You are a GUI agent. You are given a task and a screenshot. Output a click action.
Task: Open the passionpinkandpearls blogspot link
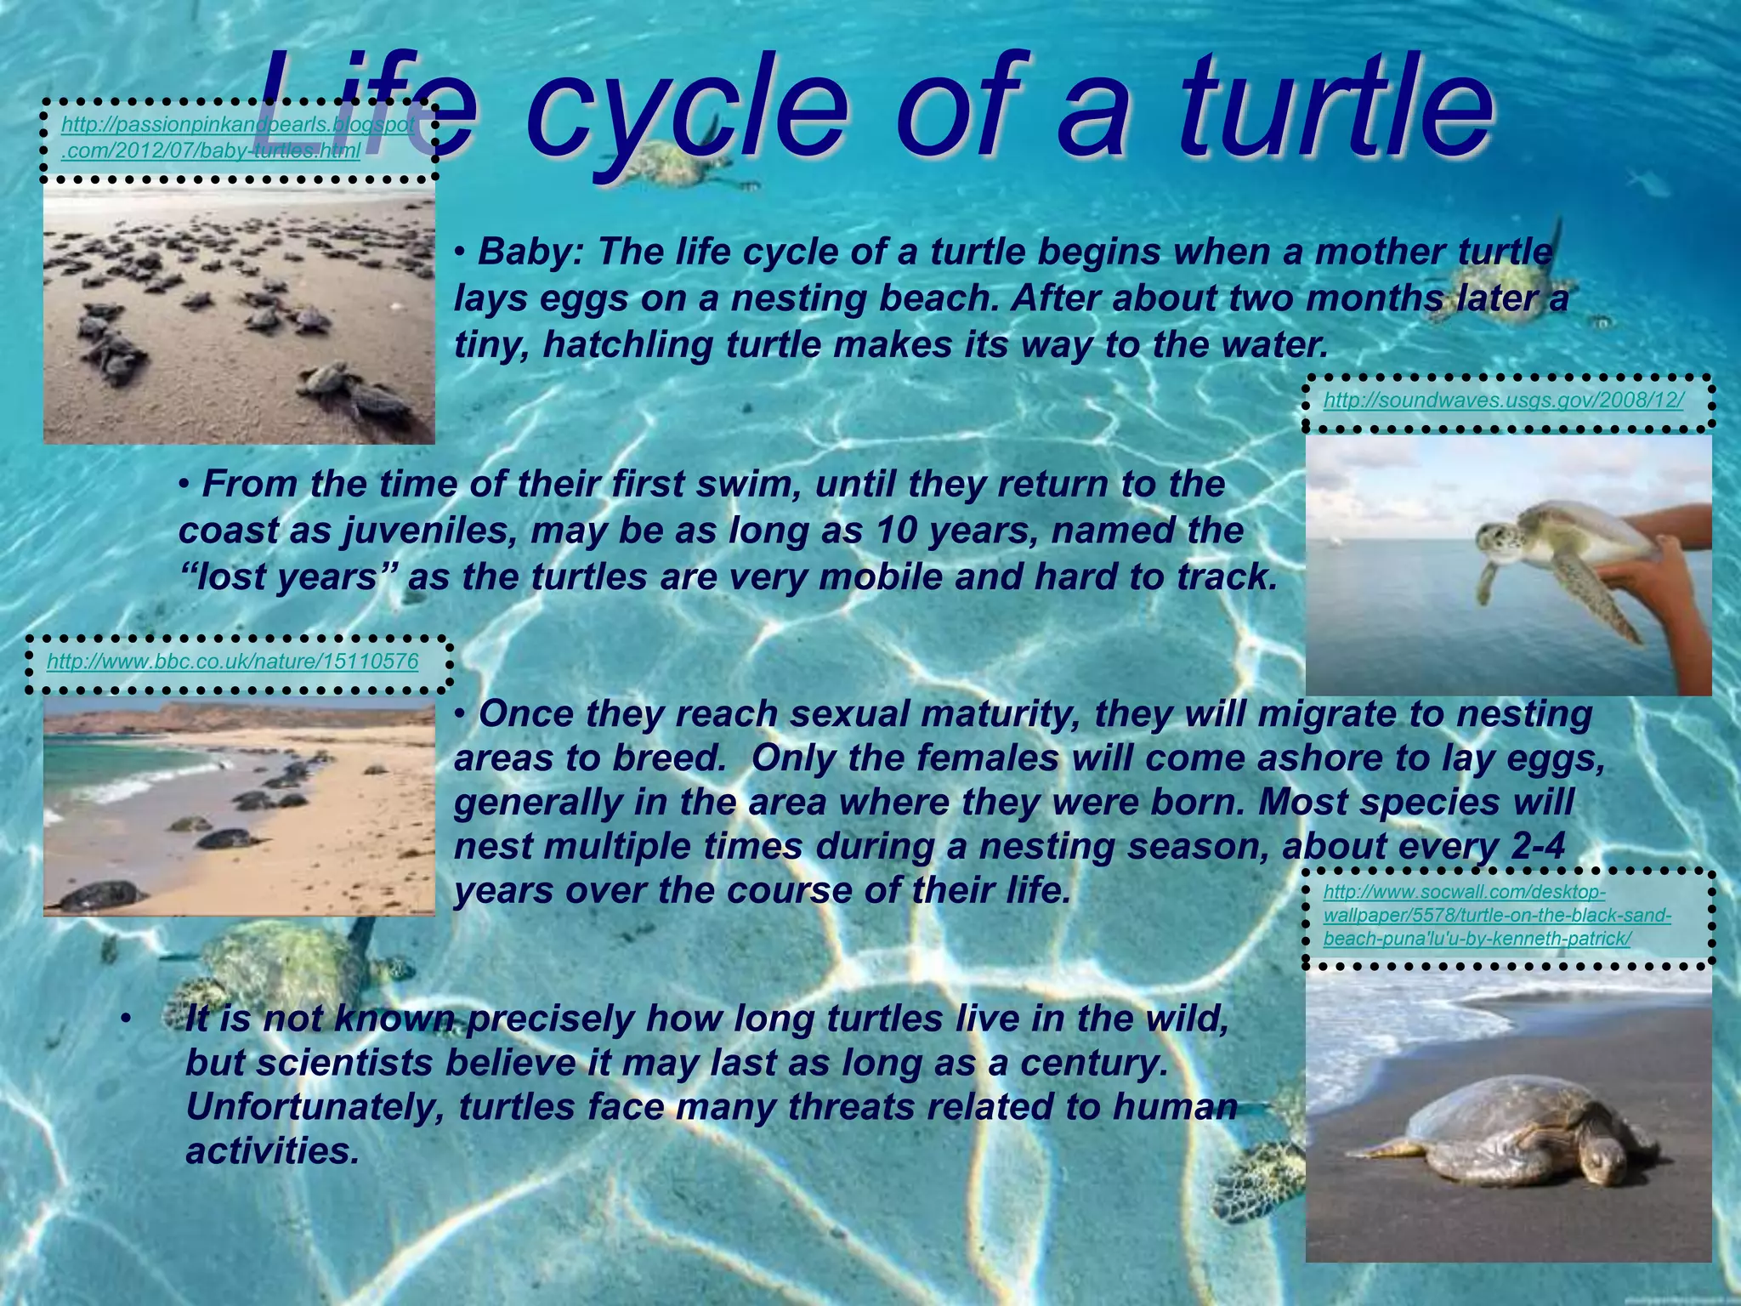click(x=238, y=138)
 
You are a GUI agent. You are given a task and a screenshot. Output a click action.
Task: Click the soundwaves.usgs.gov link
click(x=1503, y=400)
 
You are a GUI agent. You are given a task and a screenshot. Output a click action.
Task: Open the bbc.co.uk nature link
click(x=232, y=661)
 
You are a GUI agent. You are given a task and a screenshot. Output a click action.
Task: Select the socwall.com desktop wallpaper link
click(x=1496, y=916)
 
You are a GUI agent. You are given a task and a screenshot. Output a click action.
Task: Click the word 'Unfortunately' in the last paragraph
click(x=313, y=1107)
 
